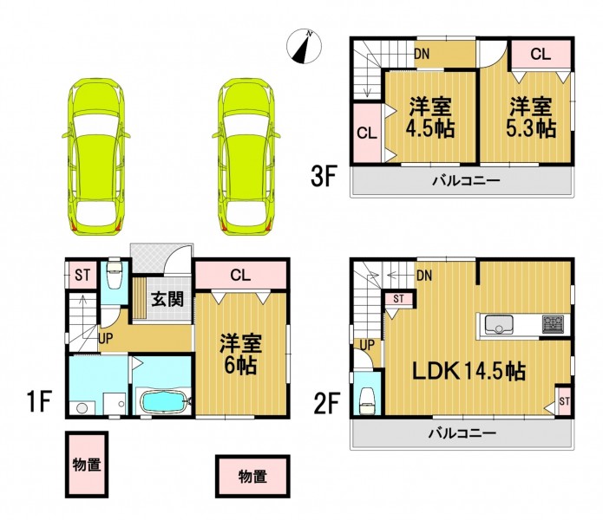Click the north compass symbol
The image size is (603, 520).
click(304, 47)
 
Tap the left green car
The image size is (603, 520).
click(96, 157)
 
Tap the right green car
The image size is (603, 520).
click(246, 157)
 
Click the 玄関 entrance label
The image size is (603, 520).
click(167, 299)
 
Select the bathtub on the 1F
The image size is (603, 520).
click(166, 402)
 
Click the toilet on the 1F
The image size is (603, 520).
click(115, 273)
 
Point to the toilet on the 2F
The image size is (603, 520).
click(366, 400)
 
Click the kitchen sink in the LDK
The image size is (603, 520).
click(499, 324)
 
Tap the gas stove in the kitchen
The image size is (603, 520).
click(553, 324)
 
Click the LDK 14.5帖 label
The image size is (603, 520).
click(469, 372)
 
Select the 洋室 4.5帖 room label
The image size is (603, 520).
click(430, 118)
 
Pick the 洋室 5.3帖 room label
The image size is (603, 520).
click(531, 118)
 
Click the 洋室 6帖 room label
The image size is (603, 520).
click(240, 354)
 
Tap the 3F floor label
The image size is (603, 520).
click(324, 176)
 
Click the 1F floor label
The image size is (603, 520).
click(39, 401)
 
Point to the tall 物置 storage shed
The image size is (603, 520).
click(87, 465)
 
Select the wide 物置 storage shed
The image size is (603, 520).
click(252, 476)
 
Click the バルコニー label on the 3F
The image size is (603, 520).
click(466, 180)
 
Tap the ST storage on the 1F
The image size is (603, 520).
click(82, 275)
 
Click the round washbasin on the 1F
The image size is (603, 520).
click(82, 408)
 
